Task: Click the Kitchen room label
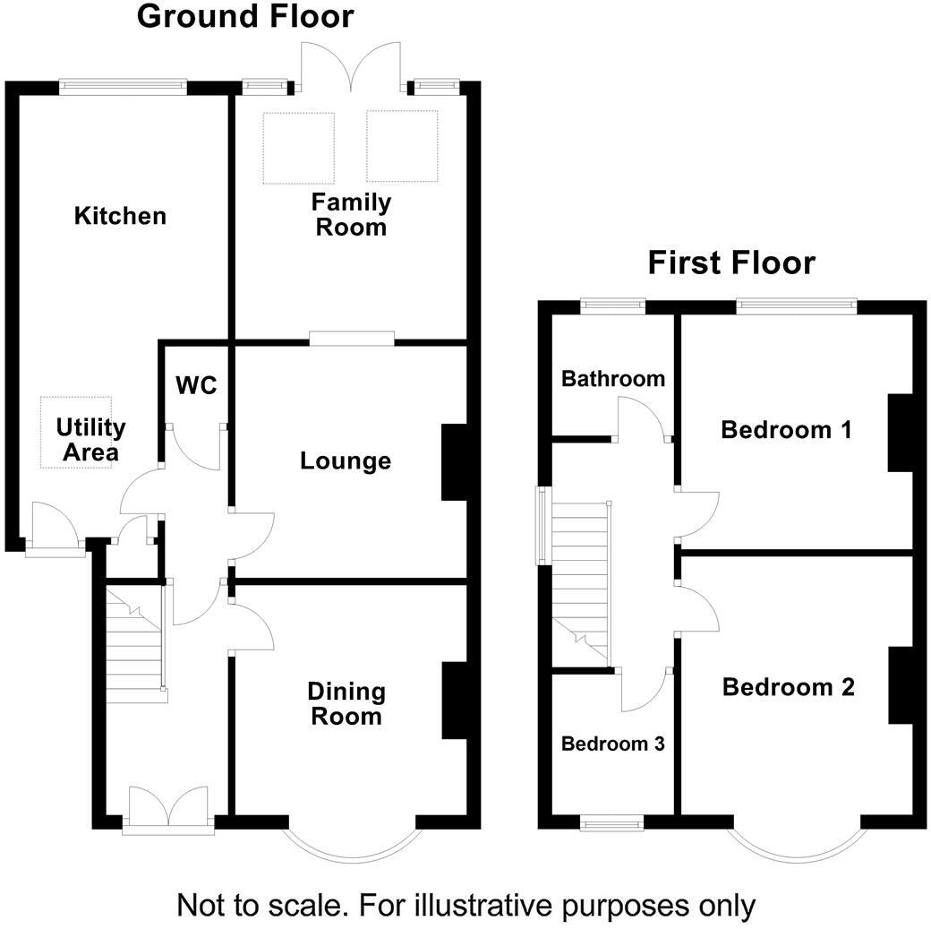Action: pyautogui.click(x=120, y=216)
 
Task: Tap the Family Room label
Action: pyautogui.click(x=351, y=214)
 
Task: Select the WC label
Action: pyautogui.click(x=196, y=385)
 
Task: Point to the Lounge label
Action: pyautogui.click(x=346, y=461)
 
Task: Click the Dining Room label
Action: pyautogui.click(x=346, y=704)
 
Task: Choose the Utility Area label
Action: pyautogui.click(x=87, y=440)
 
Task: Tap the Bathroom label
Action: pyautogui.click(x=612, y=379)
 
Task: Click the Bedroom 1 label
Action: pyautogui.click(x=786, y=430)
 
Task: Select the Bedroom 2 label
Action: pyautogui.click(x=788, y=687)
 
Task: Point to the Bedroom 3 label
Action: pyautogui.click(x=612, y=744)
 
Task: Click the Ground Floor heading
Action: pyautogui.click(x=244, y=16)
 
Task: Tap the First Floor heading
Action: pyautogui.click(x=731, y=263)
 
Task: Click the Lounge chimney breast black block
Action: pyautogui.click(x=455, y=461)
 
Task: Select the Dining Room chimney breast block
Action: pyautogui.click(x=455, y=701)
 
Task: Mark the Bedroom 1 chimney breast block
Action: pyautogui.click(x=899, y=432)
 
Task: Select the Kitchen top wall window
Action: pyautogui.click(x=124, y=86)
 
